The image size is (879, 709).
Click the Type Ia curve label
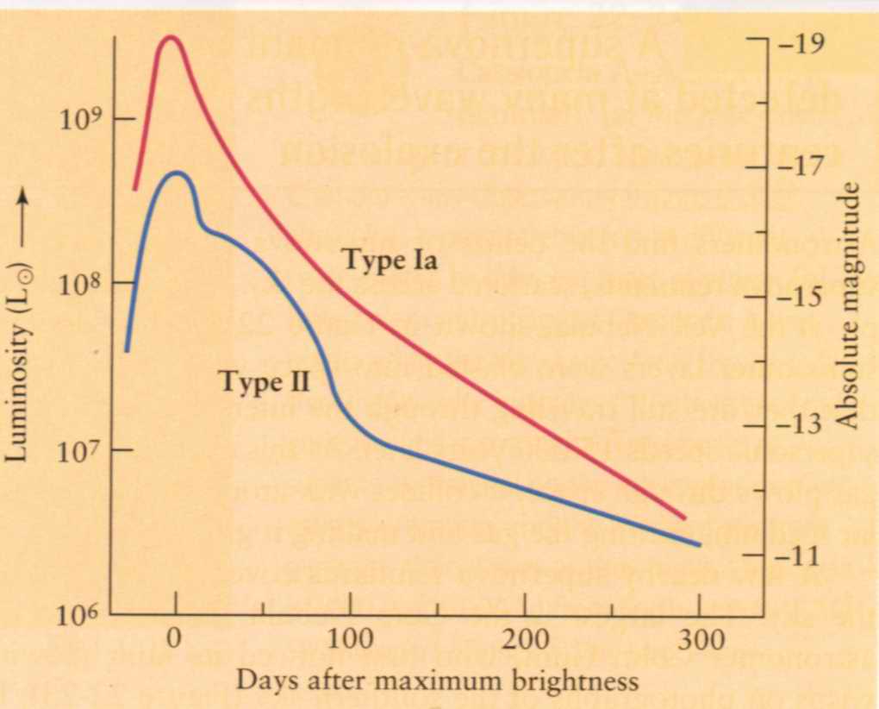pyautogui.click(x=390, y=258)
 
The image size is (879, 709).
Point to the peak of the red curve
pyautogui.click(x=171, y=37)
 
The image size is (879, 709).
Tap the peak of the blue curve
pyautogui.click(x=177, y=173)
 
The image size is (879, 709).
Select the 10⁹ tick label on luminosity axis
pyautogui.click(x=82, y=119)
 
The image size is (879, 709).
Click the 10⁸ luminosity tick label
pyautogui.click(x=82, y=284)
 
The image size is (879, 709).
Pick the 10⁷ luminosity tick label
pyautogui.click(x=82, y=450)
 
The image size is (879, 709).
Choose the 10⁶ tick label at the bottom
pyautogui.click(x=82, y=615)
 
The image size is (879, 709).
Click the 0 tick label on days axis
pyautogui.click(x=175, y=642)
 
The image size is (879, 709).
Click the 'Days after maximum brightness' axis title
pyautogui.click(x=438, y=681)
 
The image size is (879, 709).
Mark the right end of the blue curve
pyautogui.click(x=699, y=545)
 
